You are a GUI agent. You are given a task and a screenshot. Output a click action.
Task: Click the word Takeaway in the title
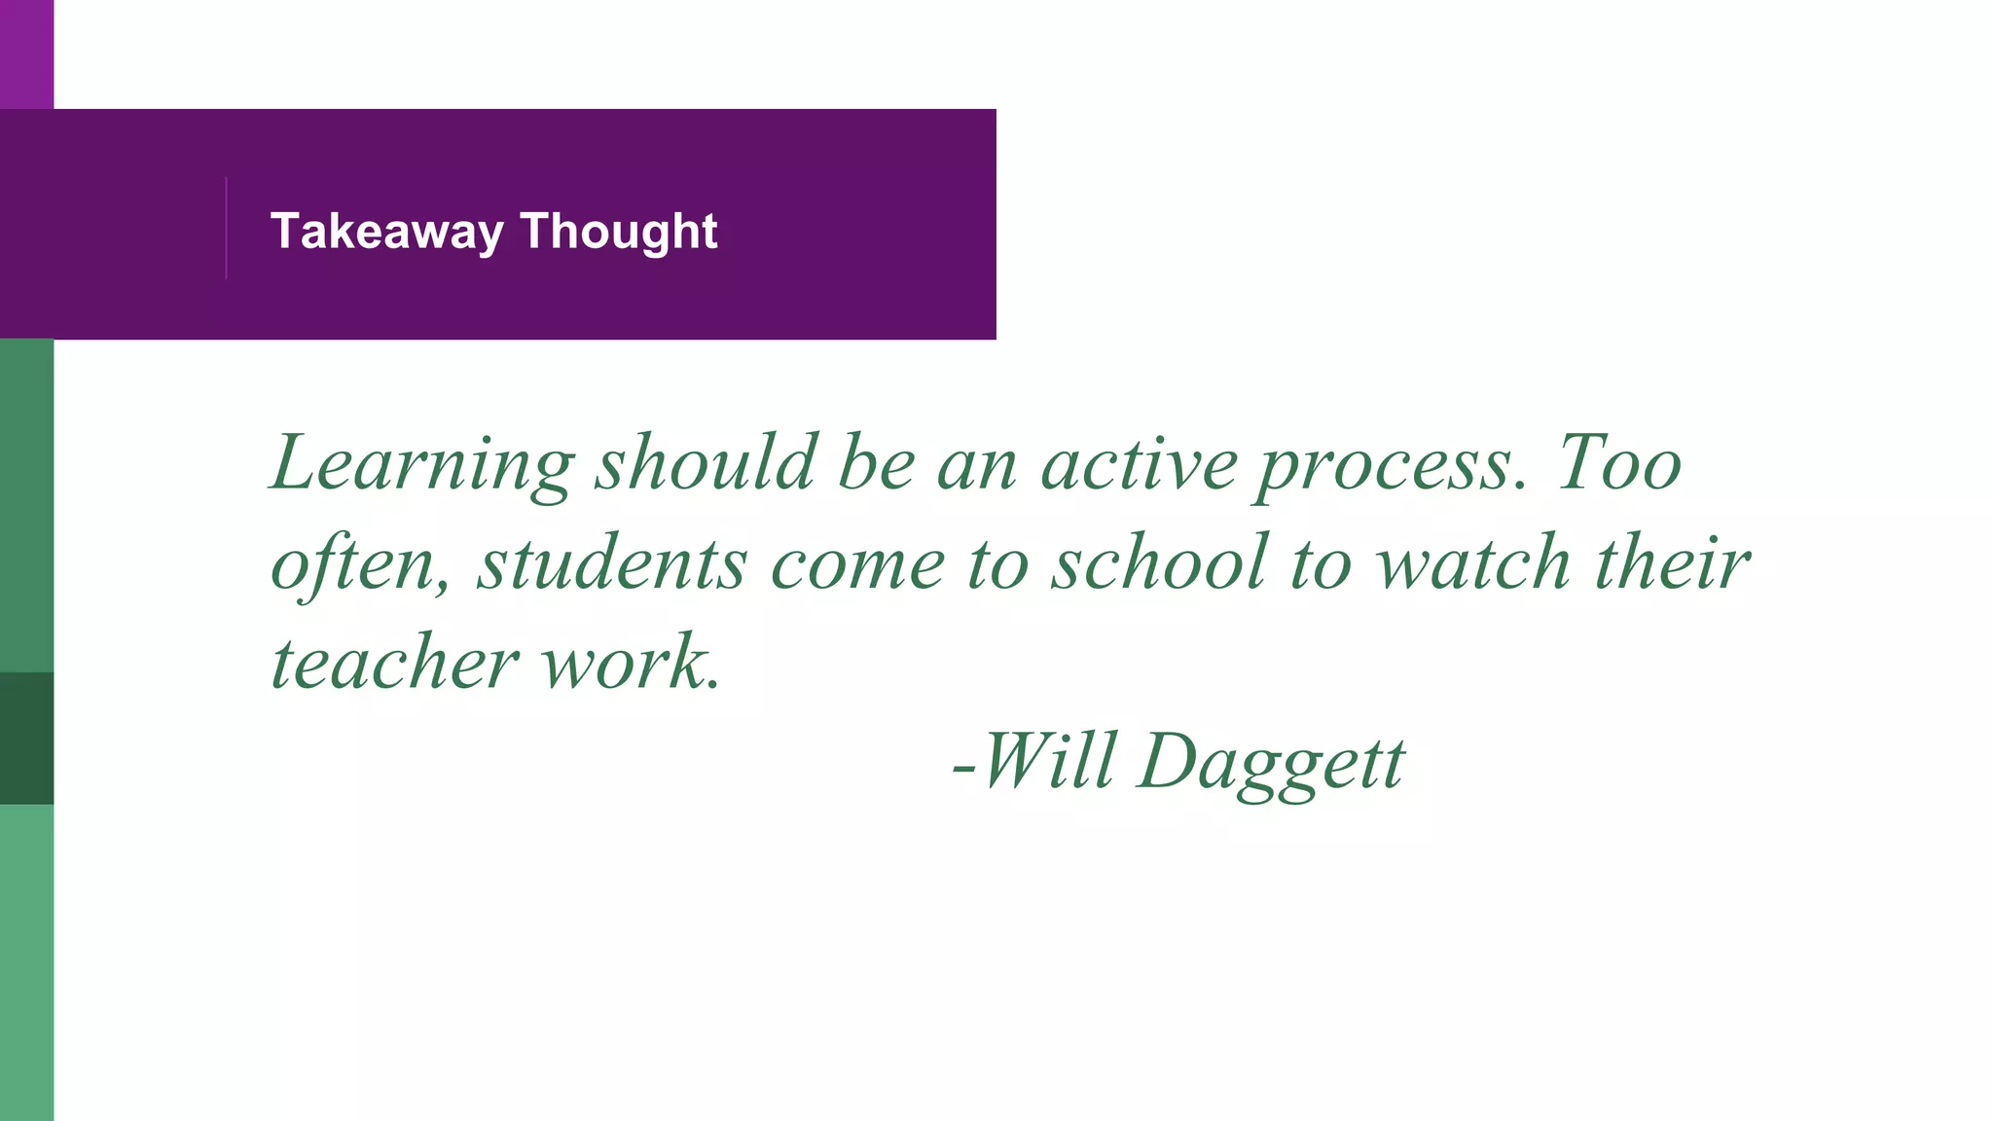[x=386, y=232]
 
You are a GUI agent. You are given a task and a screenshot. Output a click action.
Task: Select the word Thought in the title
[x=619, y=232]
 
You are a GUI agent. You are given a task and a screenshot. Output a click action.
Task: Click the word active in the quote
[x=1139, y=463]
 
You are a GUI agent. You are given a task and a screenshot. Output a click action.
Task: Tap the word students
[x=612, y=563]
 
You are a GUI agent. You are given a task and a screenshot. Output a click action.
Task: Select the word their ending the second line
[x=1672, y=563]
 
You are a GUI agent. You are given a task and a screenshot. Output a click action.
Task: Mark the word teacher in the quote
[x=394, y=664]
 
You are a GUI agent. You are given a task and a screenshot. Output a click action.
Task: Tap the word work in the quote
[x=629, y=664]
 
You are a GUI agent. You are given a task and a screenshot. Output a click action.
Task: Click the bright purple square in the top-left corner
[x=26, y=54]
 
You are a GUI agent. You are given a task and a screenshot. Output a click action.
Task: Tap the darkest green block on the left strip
[x=26, y=738]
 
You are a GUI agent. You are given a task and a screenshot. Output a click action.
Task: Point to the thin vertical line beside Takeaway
[x=226, y=228]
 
